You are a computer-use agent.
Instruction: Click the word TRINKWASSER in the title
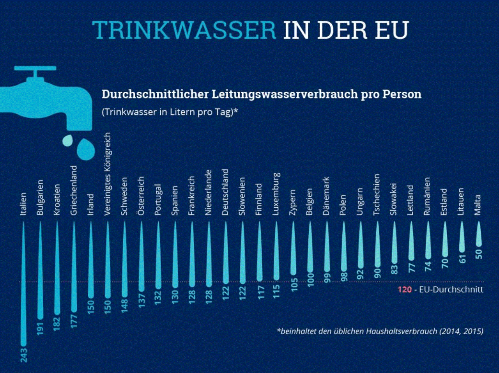coord(184,30)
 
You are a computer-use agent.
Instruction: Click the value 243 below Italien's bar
coord(24,355)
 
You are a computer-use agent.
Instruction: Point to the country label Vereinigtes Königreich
coord(108,174)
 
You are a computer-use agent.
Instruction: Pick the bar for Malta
coord(479,234)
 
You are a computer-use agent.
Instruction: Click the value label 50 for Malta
coord(479,254)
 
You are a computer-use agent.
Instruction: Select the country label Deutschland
coord(225,192)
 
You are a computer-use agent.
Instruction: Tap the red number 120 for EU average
coord(405,290)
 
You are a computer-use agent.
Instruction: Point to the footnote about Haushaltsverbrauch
coord(380,331)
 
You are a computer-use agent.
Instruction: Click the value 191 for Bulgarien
coord(40,328)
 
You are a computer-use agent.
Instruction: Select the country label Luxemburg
coord(276,194)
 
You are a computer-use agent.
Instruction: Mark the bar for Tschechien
coord(377,246)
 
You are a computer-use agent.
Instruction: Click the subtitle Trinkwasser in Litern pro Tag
coord(170,112)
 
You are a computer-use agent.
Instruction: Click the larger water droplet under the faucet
coord(86,149)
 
